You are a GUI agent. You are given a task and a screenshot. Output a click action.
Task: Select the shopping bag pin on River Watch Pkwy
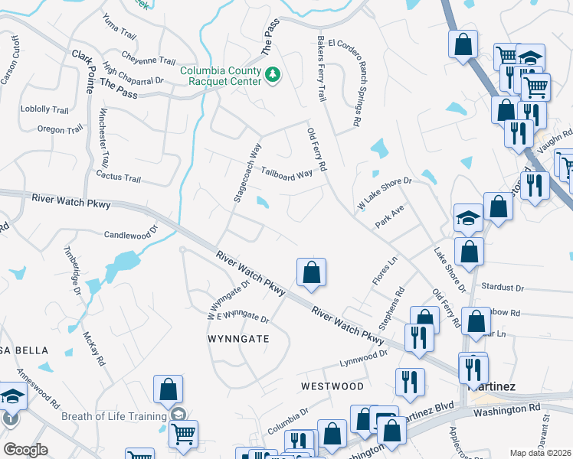click(x=311, y=272)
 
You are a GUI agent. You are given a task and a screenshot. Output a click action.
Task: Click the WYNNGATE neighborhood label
click(x=238, y=337)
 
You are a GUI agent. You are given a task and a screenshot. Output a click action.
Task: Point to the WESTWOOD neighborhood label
click(x=332, y=386)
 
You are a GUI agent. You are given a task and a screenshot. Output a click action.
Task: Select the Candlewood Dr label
click(x=130, y=232)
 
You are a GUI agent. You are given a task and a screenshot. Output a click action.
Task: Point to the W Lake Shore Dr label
click(x=385, y=194)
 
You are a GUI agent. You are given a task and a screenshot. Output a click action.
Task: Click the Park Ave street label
click(x=389, y=216)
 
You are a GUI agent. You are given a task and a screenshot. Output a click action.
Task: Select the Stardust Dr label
click(x=503, y=288)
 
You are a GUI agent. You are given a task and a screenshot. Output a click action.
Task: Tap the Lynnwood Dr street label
click(x=364, y=358)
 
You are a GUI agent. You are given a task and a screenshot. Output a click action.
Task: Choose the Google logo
click(x=25, y=450)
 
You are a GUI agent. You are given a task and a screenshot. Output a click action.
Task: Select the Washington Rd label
click(x=506, y=410)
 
